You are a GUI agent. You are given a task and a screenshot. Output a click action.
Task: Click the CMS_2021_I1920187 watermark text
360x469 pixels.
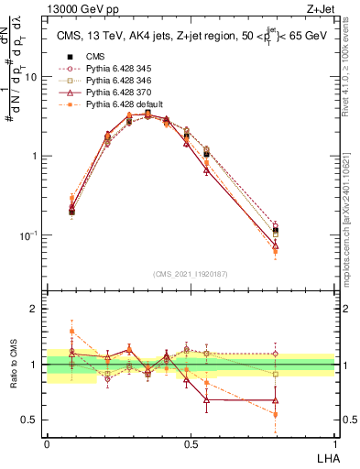click(x=191, y=275)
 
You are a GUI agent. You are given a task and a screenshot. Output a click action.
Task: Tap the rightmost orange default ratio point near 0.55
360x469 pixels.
click(x=276, y=415)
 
